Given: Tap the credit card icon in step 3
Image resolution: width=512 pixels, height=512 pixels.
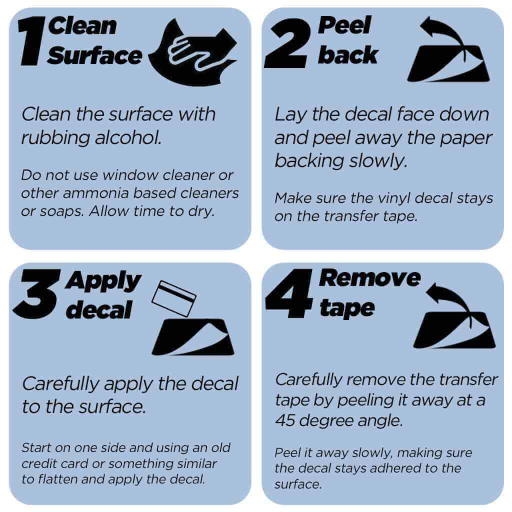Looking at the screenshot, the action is pyautogui.click(x=174, y=298).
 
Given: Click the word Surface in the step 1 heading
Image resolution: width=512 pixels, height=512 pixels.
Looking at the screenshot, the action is pyautogui.click(x=94, y=55).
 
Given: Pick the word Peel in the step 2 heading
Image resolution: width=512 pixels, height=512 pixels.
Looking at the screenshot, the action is pyautogui.click(x=345, y=25).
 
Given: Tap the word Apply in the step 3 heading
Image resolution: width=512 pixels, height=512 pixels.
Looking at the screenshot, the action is pyautogui.click(x=103, y=281).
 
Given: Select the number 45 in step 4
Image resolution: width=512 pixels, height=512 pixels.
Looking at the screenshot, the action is pyautogui.click(x=285, y=420).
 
